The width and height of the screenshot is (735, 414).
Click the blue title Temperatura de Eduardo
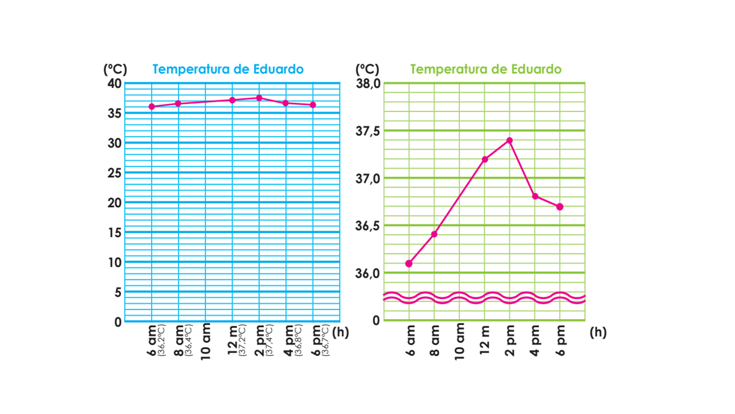228,70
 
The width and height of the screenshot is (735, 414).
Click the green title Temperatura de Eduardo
486,70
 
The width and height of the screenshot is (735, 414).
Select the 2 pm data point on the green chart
509,140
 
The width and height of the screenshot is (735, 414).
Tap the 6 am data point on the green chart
408,263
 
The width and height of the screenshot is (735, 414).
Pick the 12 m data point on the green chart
485,159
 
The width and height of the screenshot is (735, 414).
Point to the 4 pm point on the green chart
535,196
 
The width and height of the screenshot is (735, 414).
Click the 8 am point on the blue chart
178,103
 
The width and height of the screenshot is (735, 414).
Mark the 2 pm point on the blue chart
259,98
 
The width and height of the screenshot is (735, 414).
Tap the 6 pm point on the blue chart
313,105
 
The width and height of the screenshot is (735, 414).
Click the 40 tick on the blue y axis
115,83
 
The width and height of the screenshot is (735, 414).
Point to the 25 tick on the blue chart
115,172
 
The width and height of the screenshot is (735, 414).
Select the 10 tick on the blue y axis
115,262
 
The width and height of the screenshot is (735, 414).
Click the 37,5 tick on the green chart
368,131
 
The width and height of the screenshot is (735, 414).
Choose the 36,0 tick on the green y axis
368,273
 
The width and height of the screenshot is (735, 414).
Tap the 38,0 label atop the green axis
368,84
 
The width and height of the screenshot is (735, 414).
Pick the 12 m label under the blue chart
233,344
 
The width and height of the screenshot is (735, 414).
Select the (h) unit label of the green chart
598,332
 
